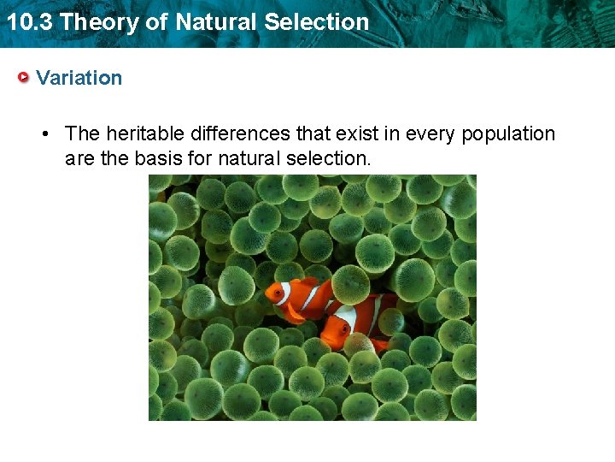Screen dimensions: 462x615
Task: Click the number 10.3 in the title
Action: pos(29,21)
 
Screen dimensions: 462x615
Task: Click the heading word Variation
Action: pos(79,78)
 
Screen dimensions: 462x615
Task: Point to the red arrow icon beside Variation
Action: pos(25,78)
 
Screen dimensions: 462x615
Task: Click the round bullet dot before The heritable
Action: pos(48,134)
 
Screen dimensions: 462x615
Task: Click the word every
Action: pos(430,133)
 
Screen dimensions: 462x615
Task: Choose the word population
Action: pos(508,133)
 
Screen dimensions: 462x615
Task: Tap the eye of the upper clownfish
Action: pos(277,293)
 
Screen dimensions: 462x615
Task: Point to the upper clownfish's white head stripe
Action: pos(286,293)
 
